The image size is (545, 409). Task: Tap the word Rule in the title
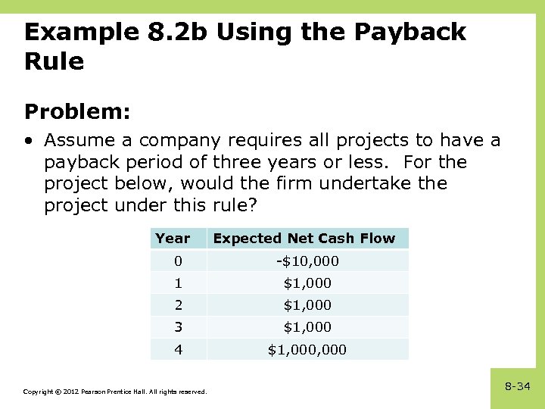(x=54, y=61)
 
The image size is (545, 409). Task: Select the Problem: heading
(x=77, y=112)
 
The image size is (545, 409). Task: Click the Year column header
(x=173, y=239)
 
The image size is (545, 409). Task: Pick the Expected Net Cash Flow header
(x=304, y=239)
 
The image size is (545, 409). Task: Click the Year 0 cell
(x=178, y=261)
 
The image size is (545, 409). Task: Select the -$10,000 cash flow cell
(x=307, y=261)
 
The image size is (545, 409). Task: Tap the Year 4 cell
(x=178, y=349)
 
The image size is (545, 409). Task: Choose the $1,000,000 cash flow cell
(x=307, y=349)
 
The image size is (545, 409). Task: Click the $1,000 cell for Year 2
(x=307, y=305)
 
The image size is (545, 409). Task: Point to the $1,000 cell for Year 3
(x=307, y=327)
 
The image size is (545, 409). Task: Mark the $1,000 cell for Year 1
(x=307, y=283)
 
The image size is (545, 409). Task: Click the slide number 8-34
(x=517, y=386)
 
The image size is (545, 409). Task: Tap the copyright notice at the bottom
(x=114, y=392)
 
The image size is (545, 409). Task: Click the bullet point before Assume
(x=28, y=141)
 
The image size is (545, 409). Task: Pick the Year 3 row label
(x=178, y=327)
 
